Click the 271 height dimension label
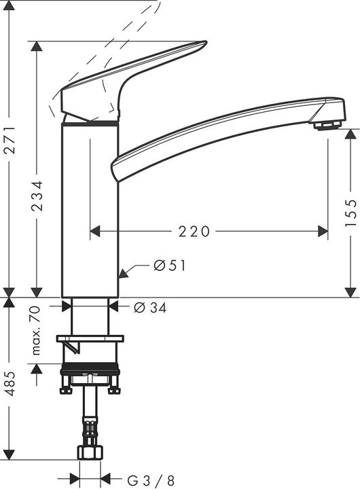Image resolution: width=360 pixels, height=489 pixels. pos(10,145)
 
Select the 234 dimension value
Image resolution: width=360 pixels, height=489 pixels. pos(37,195)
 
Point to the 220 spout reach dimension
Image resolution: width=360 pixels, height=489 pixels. pos(194,232)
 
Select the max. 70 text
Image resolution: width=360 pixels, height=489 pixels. pos(37,330)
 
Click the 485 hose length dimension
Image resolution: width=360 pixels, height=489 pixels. pos(10,386)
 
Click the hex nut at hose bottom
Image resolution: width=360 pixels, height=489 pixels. pos(90,452)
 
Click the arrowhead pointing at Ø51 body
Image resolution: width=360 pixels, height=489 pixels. pos(123,274)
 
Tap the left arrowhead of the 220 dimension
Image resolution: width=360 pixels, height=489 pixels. pos(95,232)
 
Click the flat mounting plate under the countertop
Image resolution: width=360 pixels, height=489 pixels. pos(90,338)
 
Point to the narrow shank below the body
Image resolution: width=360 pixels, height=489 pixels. pos(90,316)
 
